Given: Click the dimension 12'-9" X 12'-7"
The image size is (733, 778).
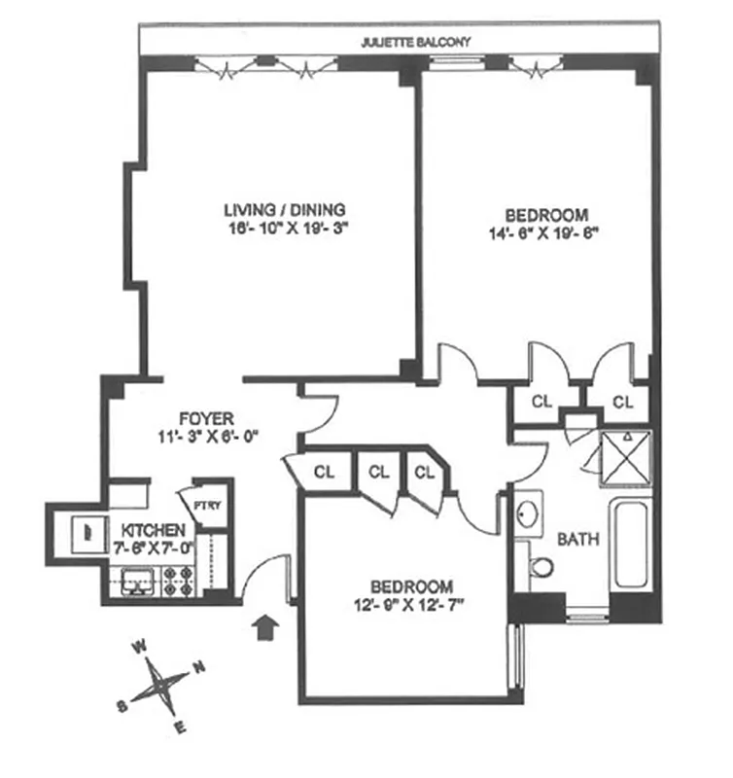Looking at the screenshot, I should pyautogui.click(x=411, y=605).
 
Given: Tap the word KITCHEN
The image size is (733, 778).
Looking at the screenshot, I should pyautogui.click(x=153, y=531).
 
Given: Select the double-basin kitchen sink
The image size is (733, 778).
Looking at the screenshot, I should pyautogui.click(x=135, y=583).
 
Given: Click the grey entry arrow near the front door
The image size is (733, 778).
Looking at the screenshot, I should pyautogui.click(x=265, y=626).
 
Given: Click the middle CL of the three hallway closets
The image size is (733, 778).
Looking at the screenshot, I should pyautogui.click(x=379, y=472).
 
